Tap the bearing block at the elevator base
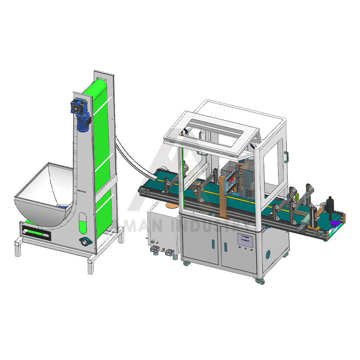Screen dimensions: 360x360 click(84, 242)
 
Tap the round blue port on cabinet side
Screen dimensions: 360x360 click(269, 254)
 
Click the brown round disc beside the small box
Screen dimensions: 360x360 click(171, 205)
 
